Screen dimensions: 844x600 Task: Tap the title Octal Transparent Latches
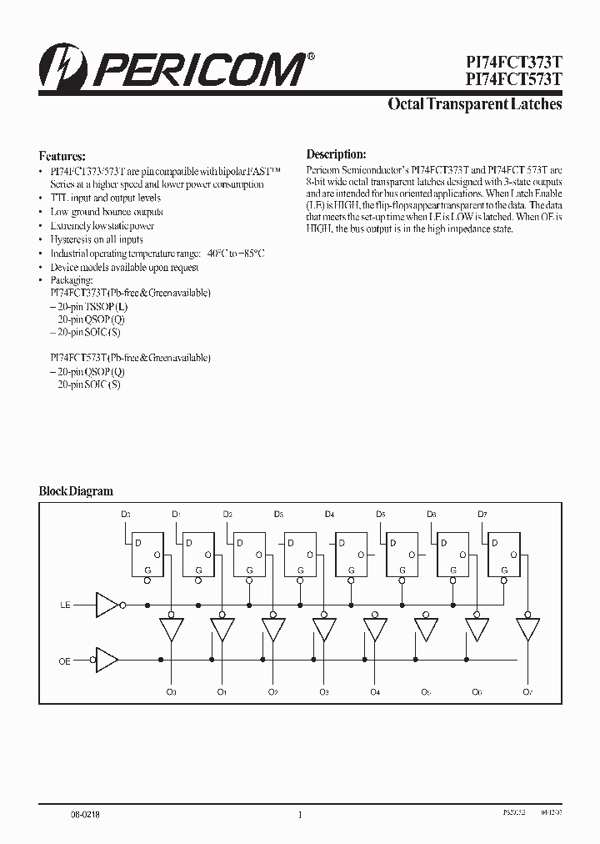click(475, 105)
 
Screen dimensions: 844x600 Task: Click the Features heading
click(62, 156)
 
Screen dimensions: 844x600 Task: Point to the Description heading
click(336, 154)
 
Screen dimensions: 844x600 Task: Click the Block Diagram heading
click(76, 491)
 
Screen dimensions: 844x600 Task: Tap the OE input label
click(65, 661)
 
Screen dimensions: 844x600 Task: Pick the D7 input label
click(482, 515)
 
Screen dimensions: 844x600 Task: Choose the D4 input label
click(329, 515)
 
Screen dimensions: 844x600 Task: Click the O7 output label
click(527, 692)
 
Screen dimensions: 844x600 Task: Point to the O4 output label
click(374, 692)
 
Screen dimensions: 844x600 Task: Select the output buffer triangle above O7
click(527, 630)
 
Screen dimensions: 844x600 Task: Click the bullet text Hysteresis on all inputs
click(96, 239)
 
